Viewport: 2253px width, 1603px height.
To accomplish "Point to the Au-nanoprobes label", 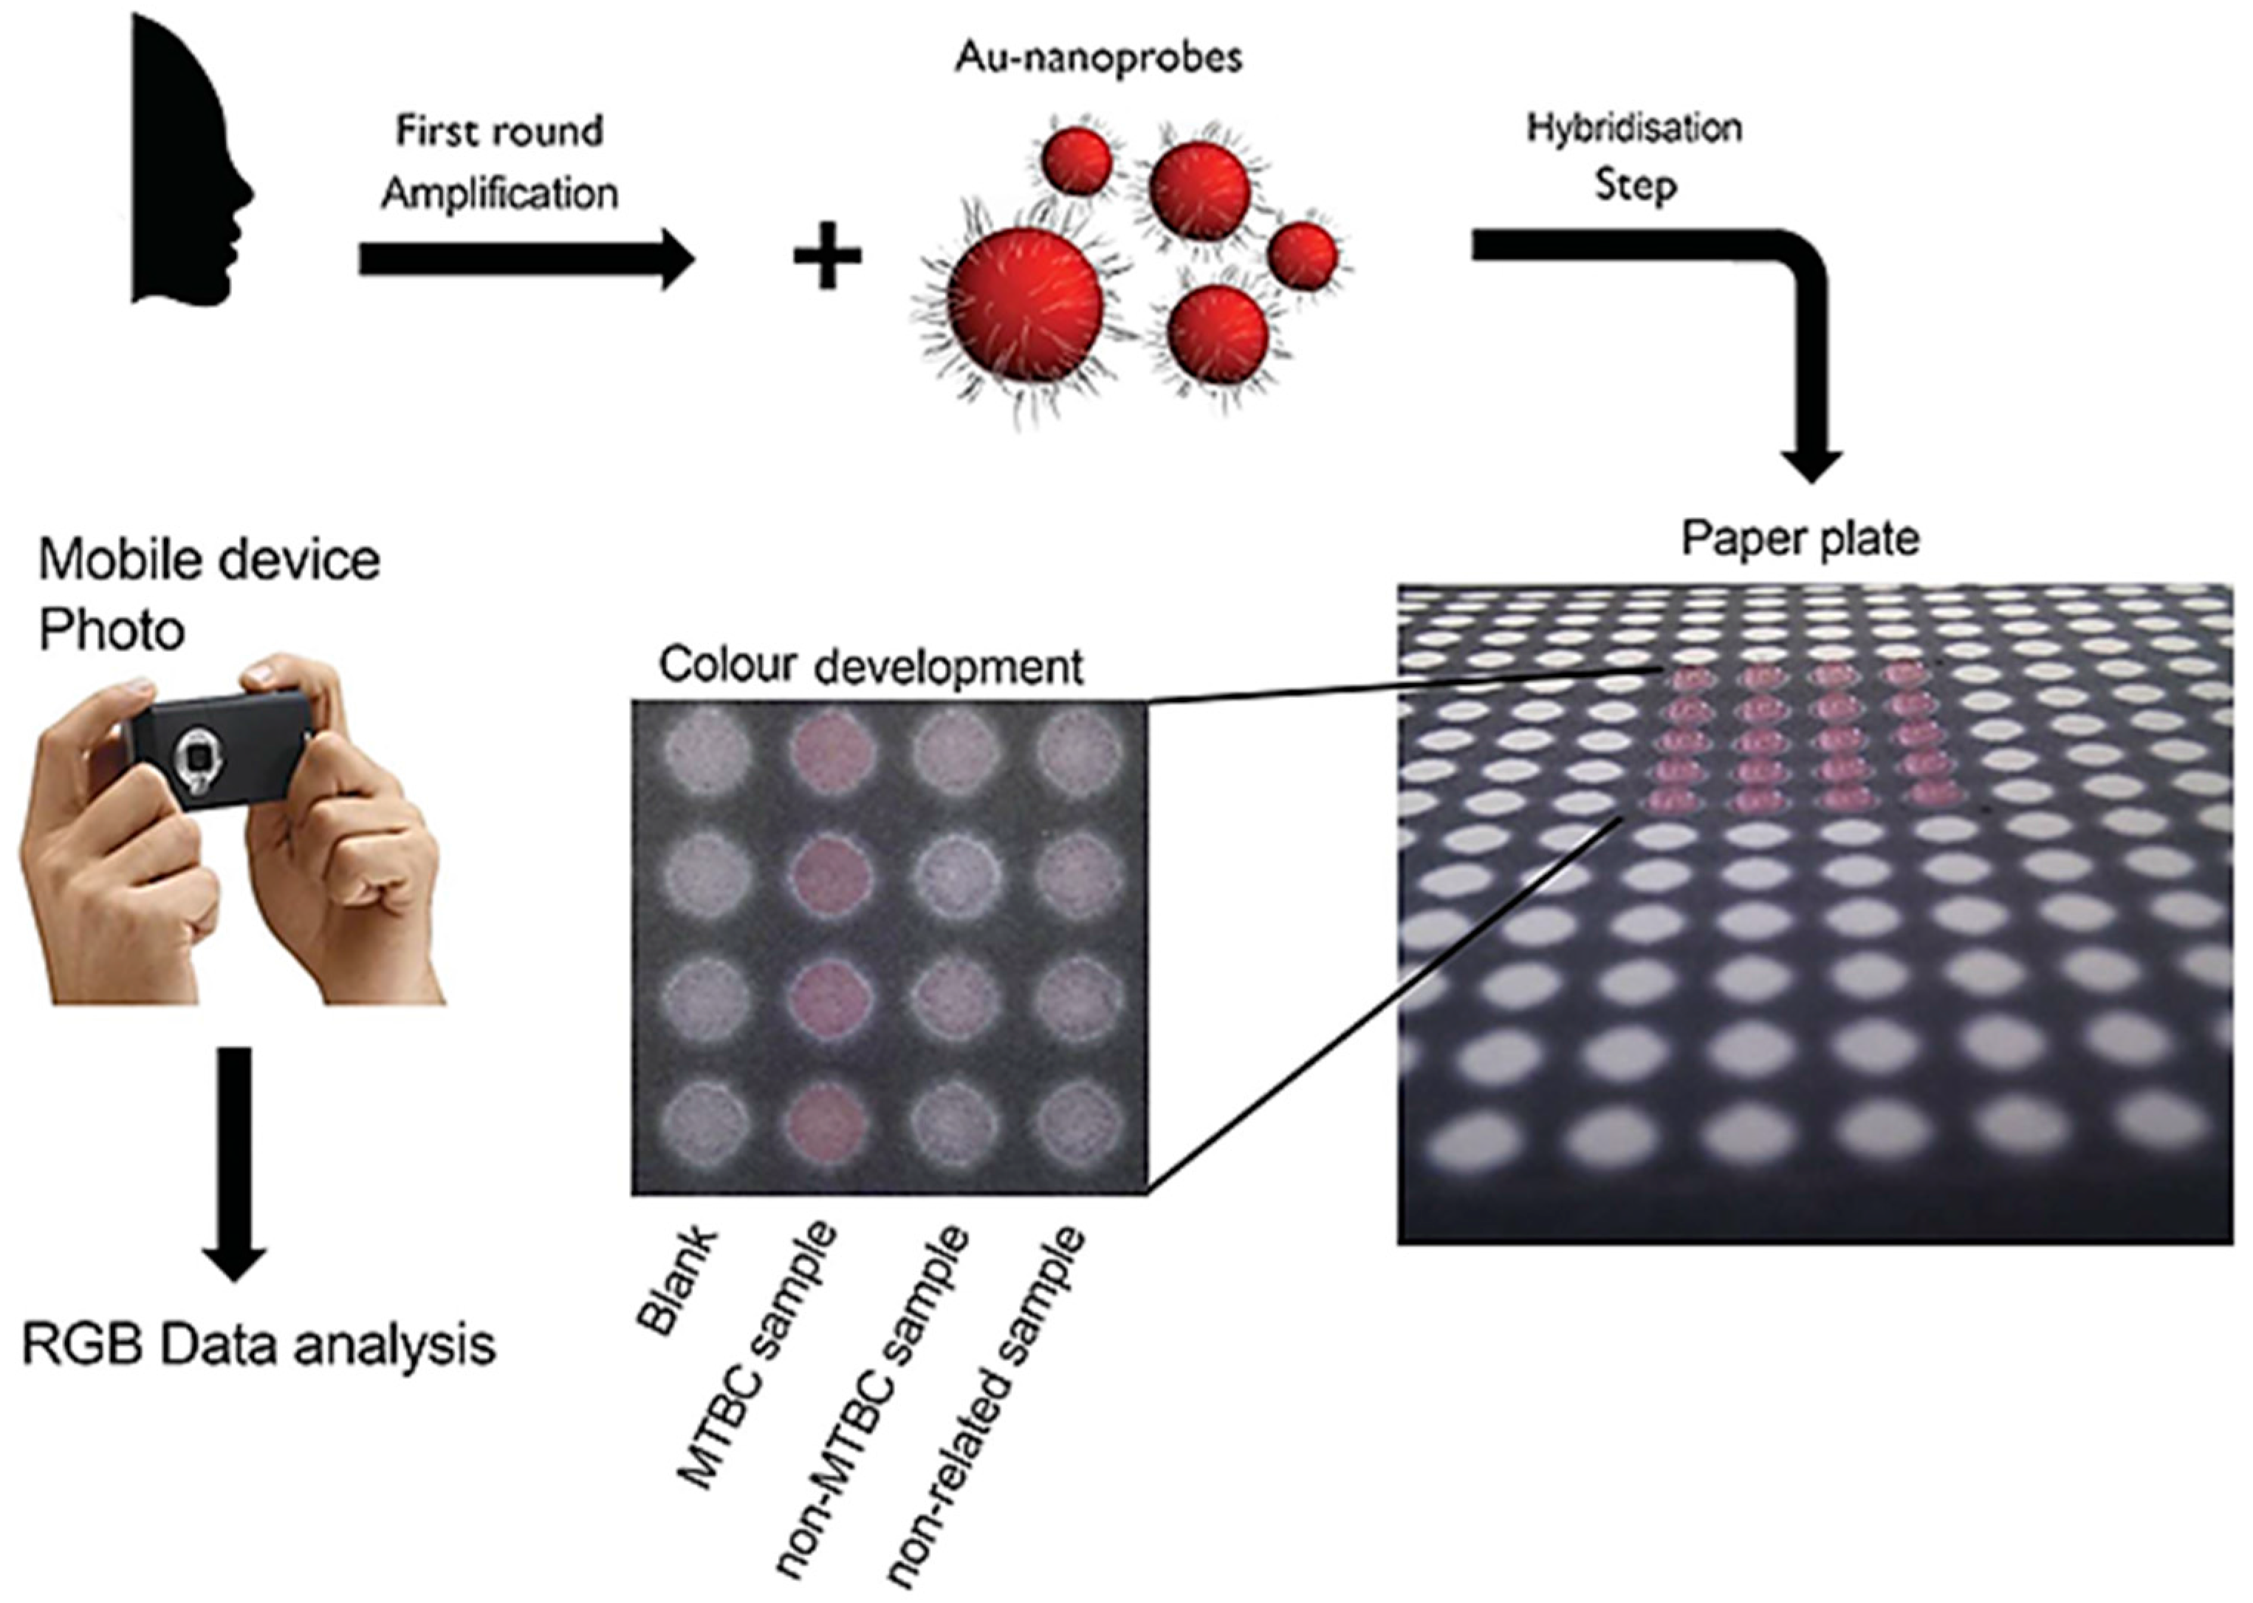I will click(1098, 58).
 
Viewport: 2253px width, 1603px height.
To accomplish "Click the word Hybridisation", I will click(1634, 128).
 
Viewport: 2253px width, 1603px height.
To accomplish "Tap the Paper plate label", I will click(1800, 539).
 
